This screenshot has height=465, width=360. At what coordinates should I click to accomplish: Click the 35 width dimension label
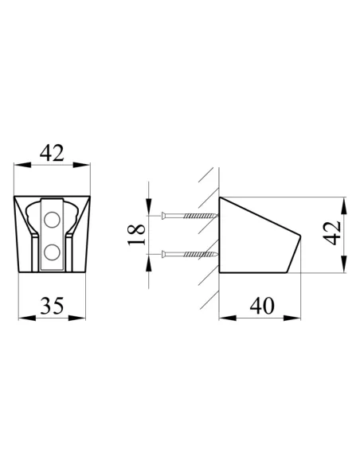(x=52, y=306)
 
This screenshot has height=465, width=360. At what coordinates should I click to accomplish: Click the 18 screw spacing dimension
(x=136, y=235)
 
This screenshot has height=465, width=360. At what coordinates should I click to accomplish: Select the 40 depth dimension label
(x=262, y=306)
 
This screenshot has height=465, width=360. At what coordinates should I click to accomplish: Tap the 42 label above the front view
(x=52, y=153)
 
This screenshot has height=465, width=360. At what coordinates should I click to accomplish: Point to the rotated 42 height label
(x=331, y=233)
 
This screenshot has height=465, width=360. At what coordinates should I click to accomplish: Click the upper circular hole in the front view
(x=52, y=220)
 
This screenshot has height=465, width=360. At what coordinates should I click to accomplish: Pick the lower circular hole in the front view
(x=52, y=252)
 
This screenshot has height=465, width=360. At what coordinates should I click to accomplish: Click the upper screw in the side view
(x=190, y=215)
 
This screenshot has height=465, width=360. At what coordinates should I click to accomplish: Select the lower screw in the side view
(x=190, y=254)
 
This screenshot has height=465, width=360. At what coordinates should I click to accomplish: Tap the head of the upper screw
(x=164, y=215)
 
